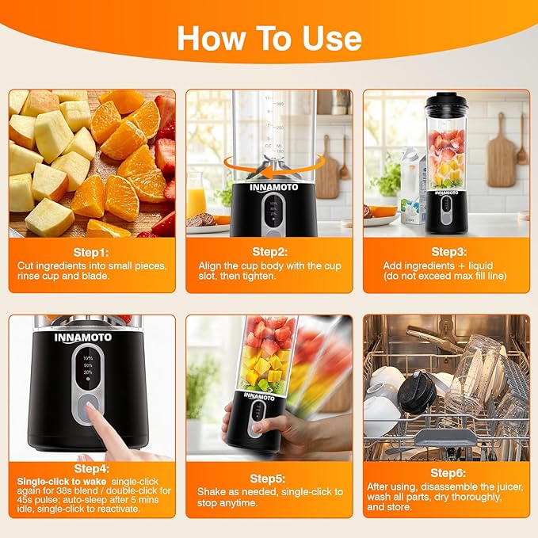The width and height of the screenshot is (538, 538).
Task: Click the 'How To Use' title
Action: (269, 38)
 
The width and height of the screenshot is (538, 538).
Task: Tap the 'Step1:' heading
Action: (91, 253)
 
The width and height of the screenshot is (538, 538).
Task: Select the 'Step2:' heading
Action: (270, 252)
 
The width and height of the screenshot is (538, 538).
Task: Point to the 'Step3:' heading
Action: (449, 252)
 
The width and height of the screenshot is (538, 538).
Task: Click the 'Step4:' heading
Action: (92, 469)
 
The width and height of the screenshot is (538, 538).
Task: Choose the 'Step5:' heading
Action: (268, 479)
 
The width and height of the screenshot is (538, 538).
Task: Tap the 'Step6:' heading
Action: (448, 473)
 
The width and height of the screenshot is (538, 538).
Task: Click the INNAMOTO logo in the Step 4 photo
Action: (83, 338)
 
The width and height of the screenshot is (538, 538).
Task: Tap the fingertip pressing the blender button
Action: (90, 407)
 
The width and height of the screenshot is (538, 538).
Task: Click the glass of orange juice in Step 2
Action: (197, 195)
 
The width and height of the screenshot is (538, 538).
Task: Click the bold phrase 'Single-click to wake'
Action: (62, 482)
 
